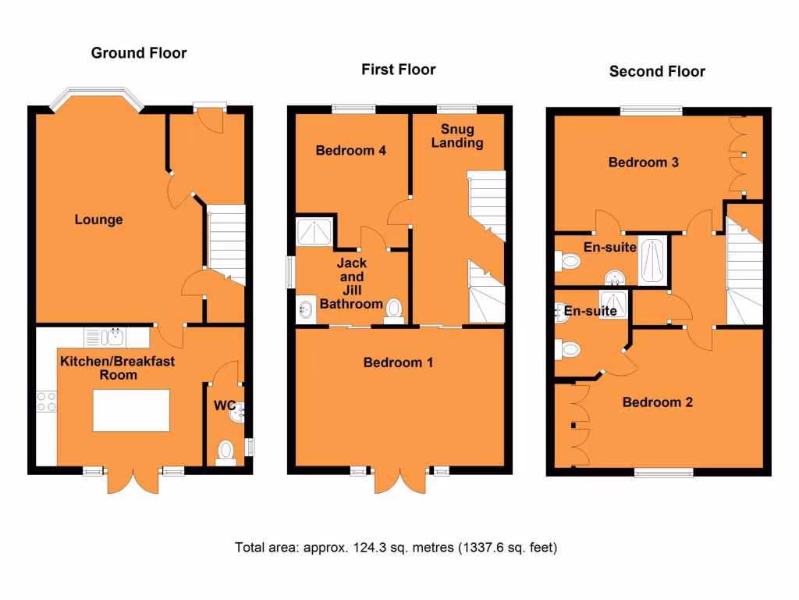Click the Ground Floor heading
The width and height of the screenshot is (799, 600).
point(139,53)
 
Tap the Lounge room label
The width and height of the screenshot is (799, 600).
point(99,220)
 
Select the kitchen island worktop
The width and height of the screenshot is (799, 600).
point(131,410)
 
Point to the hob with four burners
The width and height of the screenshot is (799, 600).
point(46,402)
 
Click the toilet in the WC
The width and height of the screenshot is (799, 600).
point(225,452)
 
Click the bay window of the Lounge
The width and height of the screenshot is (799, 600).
point(98,98)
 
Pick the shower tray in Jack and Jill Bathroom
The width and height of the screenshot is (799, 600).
point(314,232)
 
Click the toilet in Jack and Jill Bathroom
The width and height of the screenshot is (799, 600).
point(394,309)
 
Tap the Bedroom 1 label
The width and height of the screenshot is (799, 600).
point(398,362)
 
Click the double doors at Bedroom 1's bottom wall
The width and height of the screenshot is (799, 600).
point(401,480)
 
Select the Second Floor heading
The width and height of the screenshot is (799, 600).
point(657,71)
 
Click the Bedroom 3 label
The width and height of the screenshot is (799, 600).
point(643,162)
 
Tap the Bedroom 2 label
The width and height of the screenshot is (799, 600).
point(657,402)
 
